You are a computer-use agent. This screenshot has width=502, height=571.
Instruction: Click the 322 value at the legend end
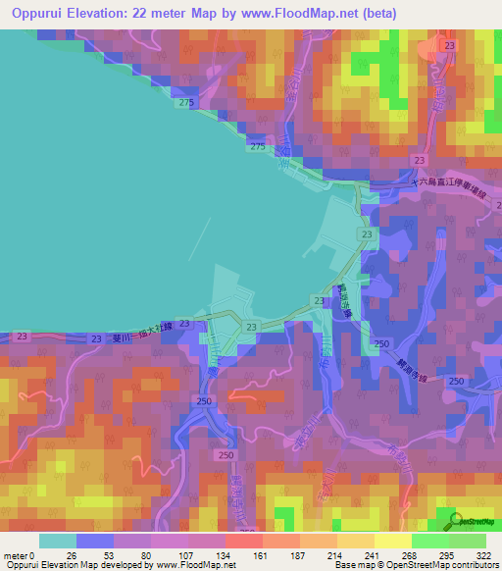pos(484,557)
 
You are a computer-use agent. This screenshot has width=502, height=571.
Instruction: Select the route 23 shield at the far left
pos(22,337)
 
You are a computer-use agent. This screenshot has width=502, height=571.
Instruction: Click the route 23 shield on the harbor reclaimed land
pos(366,236)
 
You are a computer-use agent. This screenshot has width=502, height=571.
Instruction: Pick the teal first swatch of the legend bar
pos(57,541)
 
